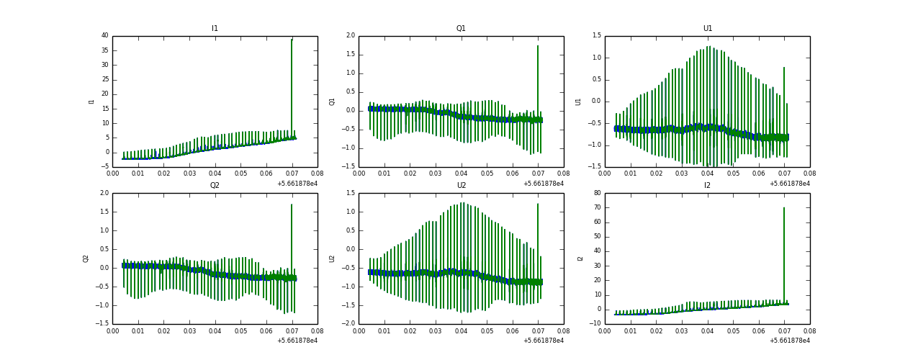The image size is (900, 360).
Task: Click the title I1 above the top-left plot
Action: [215, 29]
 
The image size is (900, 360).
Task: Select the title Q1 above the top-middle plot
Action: [461, 29]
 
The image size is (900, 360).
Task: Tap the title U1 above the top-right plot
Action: [707, 29]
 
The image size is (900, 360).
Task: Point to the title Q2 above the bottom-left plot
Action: [215, 185]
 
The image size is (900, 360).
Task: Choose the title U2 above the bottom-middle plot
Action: [461, 185]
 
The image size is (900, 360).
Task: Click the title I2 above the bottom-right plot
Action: [707, 185]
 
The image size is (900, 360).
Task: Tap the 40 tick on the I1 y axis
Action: [104, 35]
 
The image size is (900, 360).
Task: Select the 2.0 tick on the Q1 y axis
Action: [350, 35]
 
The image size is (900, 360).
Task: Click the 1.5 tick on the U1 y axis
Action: [596, 35]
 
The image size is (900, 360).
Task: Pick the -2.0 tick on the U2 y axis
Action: [348, 324]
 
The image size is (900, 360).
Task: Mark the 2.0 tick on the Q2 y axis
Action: [104, 193]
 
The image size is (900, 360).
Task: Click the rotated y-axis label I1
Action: [91, 102]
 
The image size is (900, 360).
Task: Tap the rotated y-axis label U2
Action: [333, 258]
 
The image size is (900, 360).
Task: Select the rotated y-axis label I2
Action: [580, 258]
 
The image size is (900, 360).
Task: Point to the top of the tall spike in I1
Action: [292, 40]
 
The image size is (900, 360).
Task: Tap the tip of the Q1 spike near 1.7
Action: [538, 46]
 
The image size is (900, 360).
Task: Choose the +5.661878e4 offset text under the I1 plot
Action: [297, 184]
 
